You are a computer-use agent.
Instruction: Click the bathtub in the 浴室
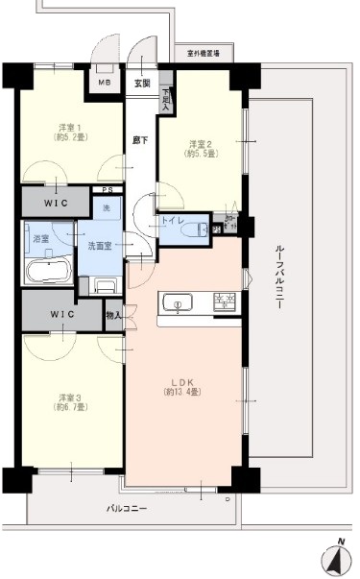pyautogui.click(x=44, y=270)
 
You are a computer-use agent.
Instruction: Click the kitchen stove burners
pyautogui.click(x=226, y=302)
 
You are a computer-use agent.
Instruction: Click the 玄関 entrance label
pyautogui.click(x=142, y=83)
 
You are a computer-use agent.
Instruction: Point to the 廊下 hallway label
pyautogui.click(x=140, y=140)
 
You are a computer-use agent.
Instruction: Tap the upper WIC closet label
pyautogui.click(x=54, y=204)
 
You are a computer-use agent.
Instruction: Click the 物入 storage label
pyautogui.click(x=113, y=314)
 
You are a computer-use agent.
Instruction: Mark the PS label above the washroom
pyautogui.click(x=108, y=190)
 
